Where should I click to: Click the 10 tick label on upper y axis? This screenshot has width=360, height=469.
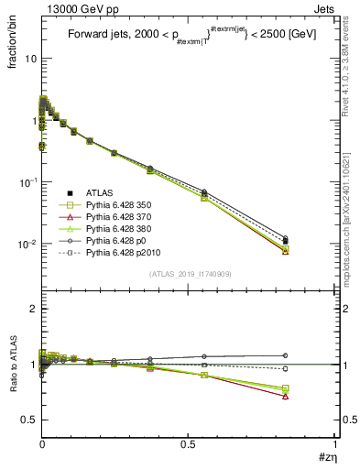point(29,58)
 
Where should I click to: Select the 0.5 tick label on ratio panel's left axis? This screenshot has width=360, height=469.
point(28,420)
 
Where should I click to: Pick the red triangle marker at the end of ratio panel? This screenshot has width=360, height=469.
point(286,397)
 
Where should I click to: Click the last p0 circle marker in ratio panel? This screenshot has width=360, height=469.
point(286,355)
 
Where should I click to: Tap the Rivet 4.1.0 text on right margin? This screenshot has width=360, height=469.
point(352,55)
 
